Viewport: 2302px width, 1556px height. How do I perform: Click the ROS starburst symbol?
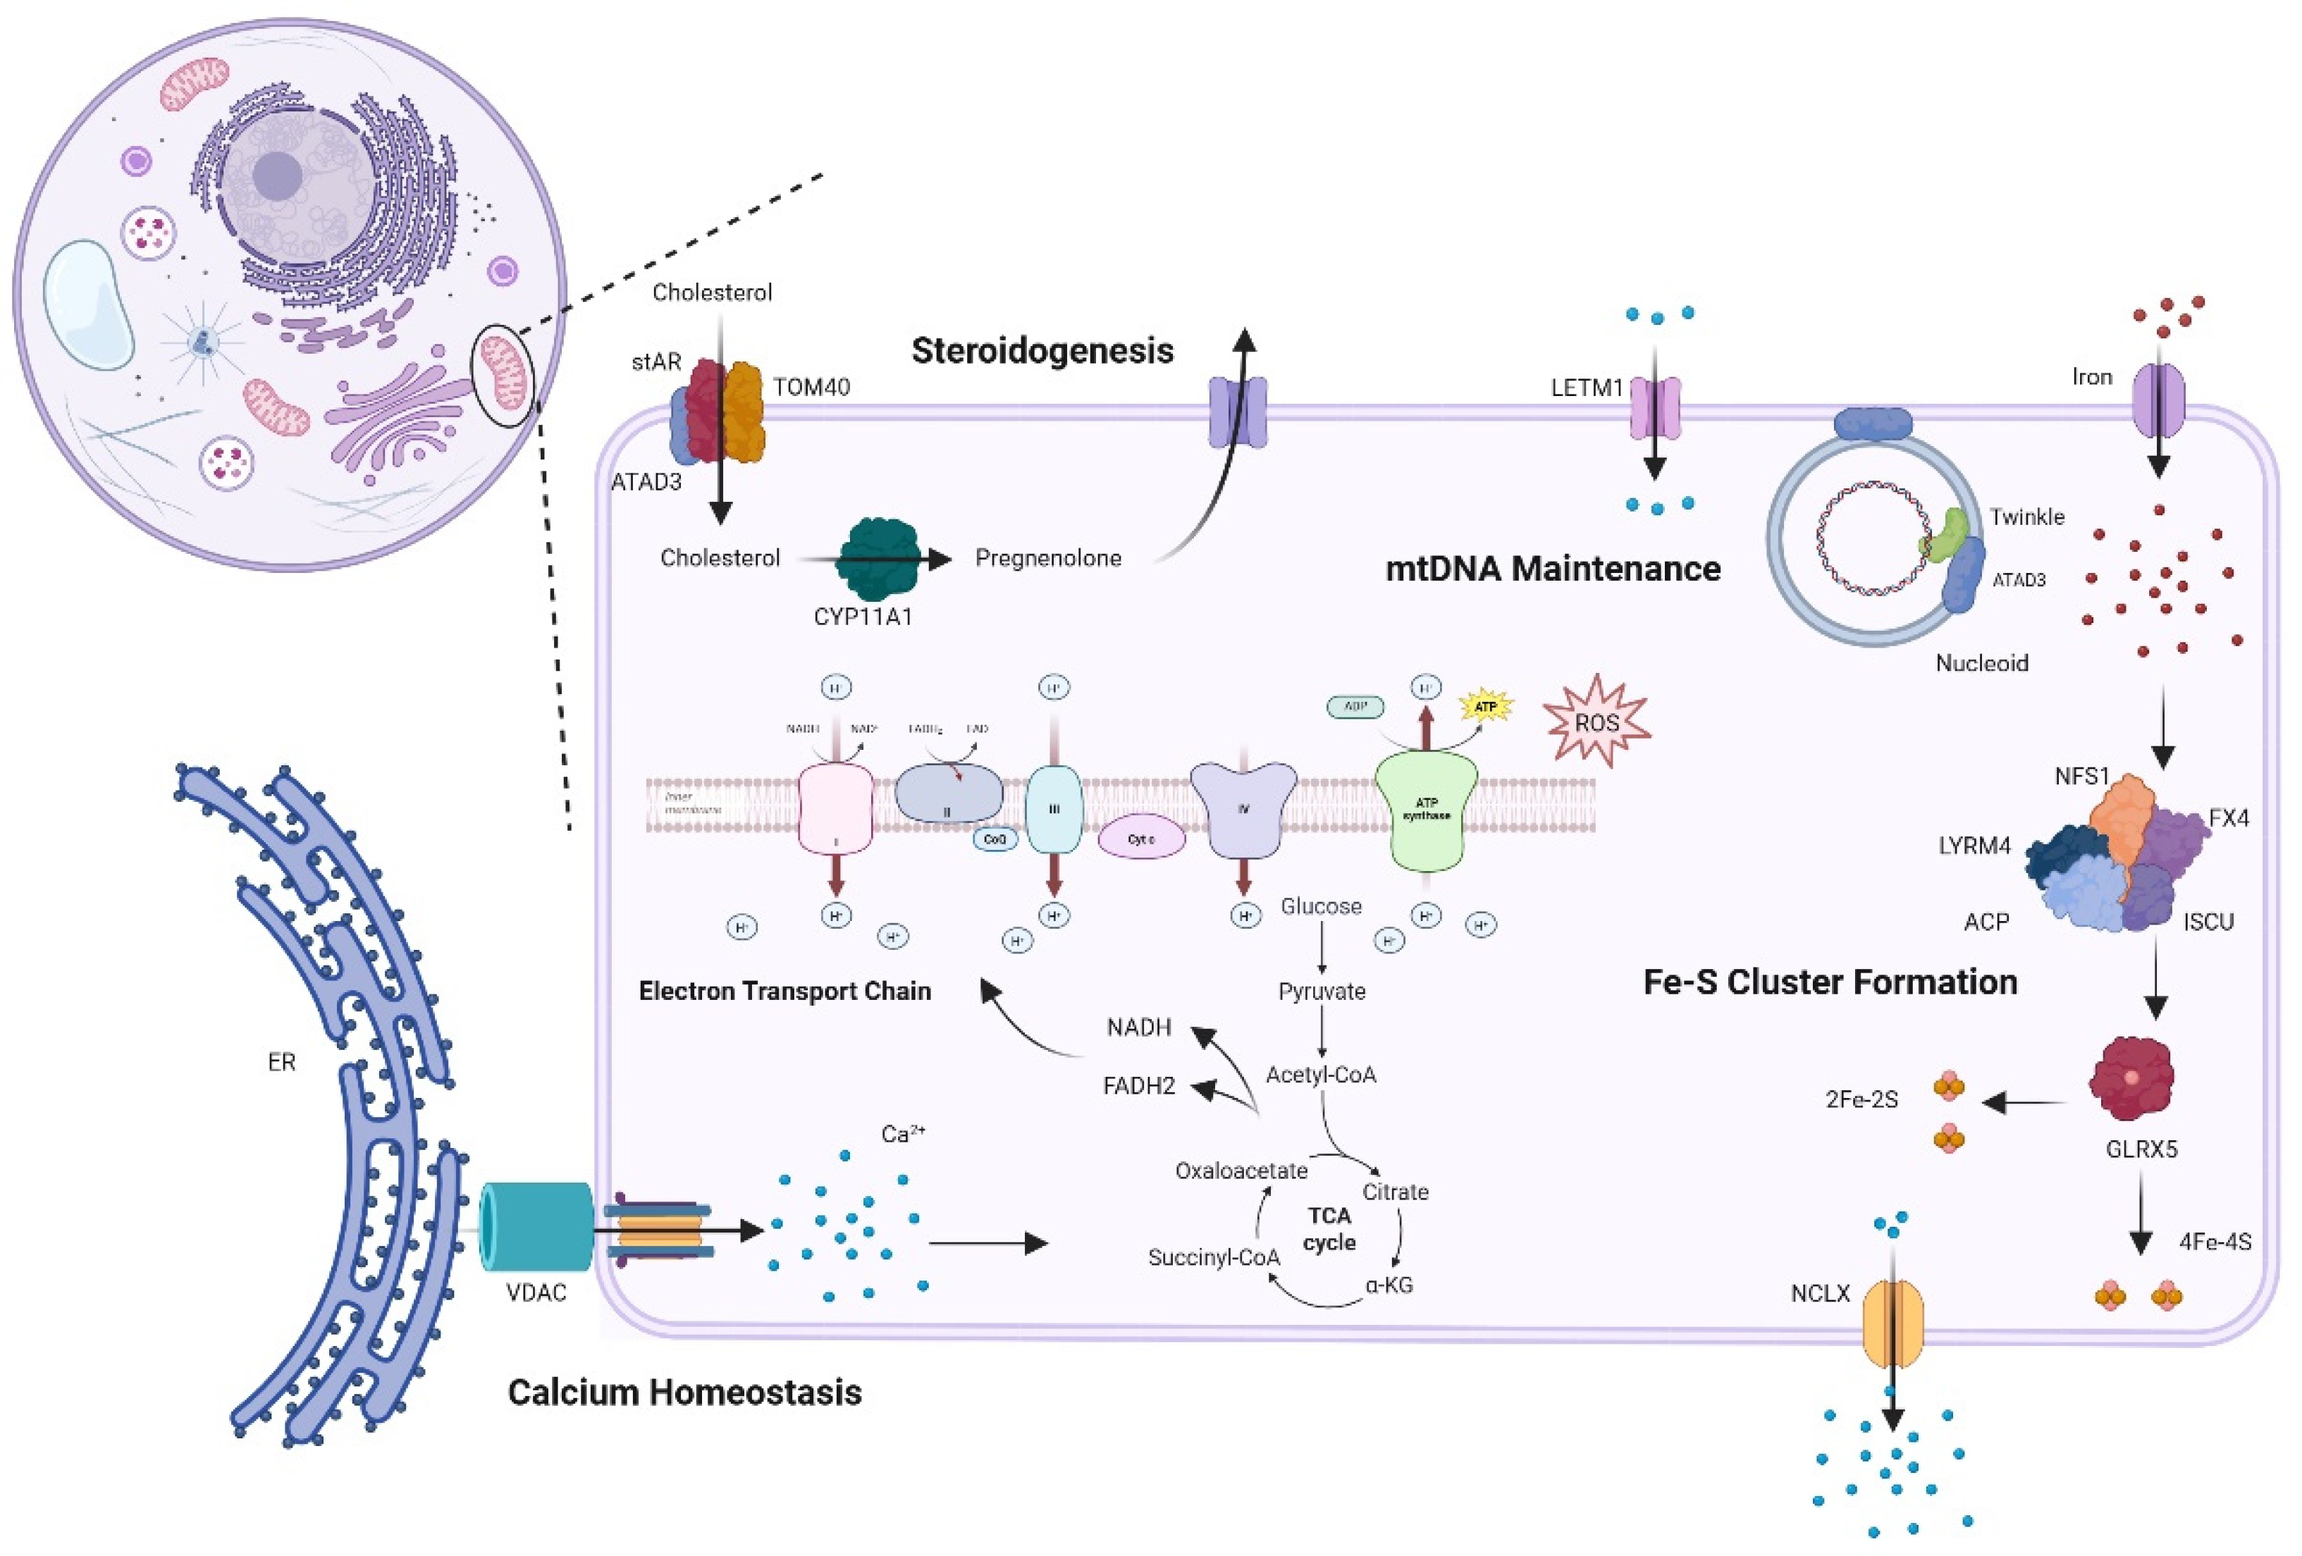1596,722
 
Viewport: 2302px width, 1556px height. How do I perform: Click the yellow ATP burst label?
1485,706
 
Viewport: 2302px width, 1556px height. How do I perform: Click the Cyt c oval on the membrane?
1141,839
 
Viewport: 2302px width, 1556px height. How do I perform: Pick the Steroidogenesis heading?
1042,351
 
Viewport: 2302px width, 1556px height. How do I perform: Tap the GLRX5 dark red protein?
2131,1078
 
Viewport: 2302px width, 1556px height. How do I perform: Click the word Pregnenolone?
1048,557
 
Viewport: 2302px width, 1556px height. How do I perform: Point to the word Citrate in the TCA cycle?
1395,1192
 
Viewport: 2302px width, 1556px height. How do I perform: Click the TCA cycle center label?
1329,1228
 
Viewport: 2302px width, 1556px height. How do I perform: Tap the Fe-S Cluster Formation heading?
1830,982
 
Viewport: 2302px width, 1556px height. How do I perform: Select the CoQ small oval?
995,839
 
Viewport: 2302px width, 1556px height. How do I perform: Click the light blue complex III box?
1053,809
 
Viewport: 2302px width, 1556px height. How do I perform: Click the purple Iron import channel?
2158,399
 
